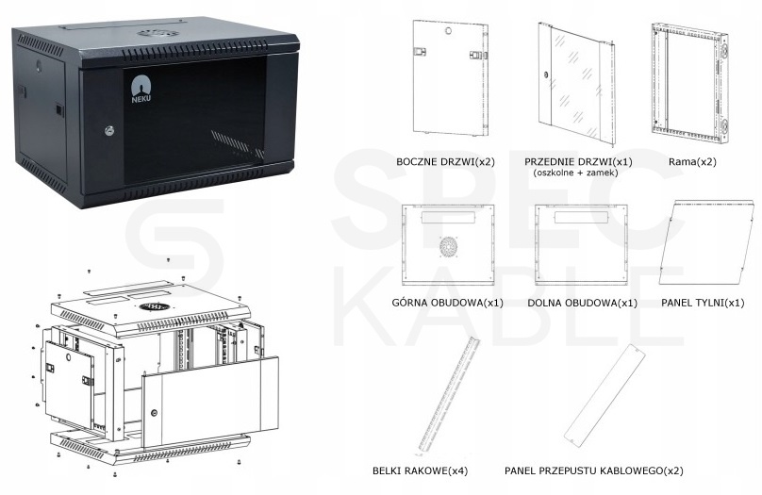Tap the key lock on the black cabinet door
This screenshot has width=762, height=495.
pos(109,130)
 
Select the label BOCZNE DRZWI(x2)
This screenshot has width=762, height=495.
pos(445,162)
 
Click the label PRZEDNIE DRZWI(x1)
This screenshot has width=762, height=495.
pos(578,162)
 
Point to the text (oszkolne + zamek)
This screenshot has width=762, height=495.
pos(575,173)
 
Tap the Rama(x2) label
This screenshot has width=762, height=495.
pos(692,162)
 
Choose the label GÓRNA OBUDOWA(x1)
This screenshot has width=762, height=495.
pos(447,303)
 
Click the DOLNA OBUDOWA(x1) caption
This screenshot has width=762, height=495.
pos(582,303)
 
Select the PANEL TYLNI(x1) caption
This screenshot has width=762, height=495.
pos(703,303)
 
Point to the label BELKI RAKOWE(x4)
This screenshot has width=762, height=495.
pos(420,470)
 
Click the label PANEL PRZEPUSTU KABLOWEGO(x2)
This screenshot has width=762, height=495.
pos(593,470)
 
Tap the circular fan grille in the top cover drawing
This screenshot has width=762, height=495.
pos(449,247)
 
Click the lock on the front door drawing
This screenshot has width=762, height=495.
pos(545,75)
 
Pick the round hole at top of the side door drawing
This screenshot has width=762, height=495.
pos(448,31)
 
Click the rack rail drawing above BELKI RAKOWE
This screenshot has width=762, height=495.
pos(448,394)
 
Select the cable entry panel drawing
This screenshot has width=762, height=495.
pos(605,394)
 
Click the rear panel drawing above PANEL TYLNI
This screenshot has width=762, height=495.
pos(707,242)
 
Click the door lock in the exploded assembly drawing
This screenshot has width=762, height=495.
pos(154,413)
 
